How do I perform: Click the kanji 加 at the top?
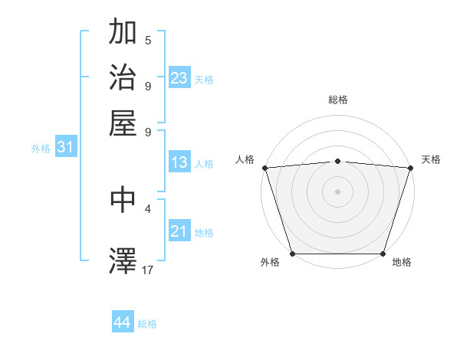tap(123, 33)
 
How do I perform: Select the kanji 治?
tap(123, 78)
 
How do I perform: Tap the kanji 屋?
tap(123, 123)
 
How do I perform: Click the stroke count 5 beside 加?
tap(148, 41)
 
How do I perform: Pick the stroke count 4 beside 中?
tap(148, 208)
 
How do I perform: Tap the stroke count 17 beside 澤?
tap(149, 270)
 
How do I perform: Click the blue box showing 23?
tap(179, 78)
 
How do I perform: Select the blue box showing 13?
tap(179, 162)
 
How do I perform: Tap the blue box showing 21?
tap(179, 231)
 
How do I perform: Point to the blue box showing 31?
tap(65, 148)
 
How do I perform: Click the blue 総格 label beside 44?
tap(147, 324)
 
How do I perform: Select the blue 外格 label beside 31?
tap(41, 149)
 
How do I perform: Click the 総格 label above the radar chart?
tap(337, 100)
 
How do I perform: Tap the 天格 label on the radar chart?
tap(431, 159)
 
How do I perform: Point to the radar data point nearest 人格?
tap(264, 167)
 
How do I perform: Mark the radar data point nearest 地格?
tap(383, 254)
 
